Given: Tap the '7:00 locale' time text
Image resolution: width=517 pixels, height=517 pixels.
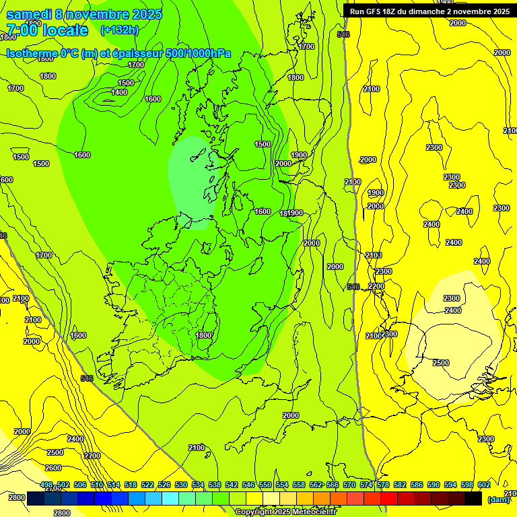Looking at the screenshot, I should [x=47, y=30].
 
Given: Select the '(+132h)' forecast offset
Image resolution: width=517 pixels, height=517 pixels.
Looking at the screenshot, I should [x=119, y=30].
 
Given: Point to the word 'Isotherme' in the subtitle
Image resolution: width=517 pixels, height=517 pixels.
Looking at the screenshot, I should [x=31, y=54].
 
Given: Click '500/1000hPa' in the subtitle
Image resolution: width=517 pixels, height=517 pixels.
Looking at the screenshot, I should [x=202, y=54].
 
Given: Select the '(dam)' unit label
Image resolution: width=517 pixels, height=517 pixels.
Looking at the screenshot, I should [x=497, y=499].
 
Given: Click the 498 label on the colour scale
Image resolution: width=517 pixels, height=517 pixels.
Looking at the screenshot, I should [x=46, y=485].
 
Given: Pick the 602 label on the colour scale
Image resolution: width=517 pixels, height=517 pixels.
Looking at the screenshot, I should [x=484, y=485].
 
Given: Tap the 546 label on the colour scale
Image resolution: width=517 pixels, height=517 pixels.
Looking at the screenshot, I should [x=248, y=485].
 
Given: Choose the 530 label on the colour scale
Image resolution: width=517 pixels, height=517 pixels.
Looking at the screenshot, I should [x=181, y=485].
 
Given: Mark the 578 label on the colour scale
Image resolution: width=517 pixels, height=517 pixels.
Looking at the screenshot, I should [x=383, y=485].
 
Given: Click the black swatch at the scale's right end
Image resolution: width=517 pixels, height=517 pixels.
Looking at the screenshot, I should [x=473, y=498].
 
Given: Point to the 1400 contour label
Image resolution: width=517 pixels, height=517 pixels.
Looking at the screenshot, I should [x=119, y=92].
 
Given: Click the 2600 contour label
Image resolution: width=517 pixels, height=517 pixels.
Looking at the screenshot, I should [x=53, y=468].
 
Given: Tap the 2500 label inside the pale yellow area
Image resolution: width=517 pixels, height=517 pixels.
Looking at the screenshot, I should [x=440, y=363].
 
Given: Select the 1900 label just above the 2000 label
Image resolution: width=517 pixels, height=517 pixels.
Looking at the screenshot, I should [x=299, y=155].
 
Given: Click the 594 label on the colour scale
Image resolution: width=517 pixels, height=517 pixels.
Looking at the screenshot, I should [x=450, y=485].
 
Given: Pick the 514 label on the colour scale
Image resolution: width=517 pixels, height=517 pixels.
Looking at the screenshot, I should [x=114, y=485].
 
